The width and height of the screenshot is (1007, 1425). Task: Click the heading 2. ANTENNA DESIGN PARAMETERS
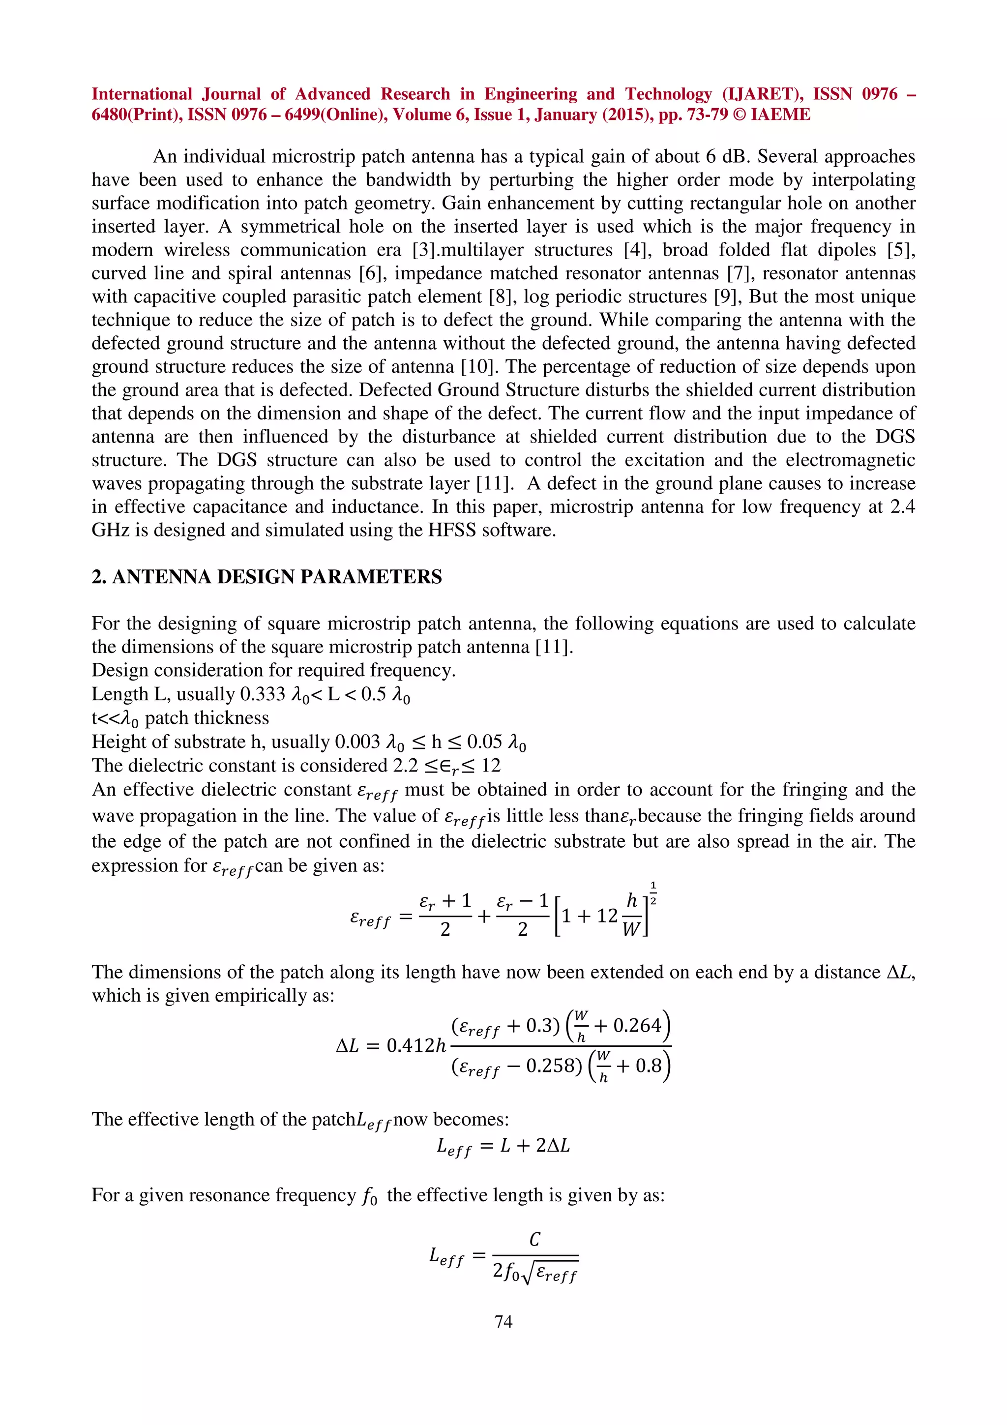click(x=267, y=577)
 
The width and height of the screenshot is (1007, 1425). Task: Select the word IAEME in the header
click(x=780, y=115)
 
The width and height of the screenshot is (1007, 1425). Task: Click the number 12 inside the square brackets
click(x=607, y=916)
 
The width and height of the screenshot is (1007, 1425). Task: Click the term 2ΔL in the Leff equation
click(x=553, y=1145)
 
